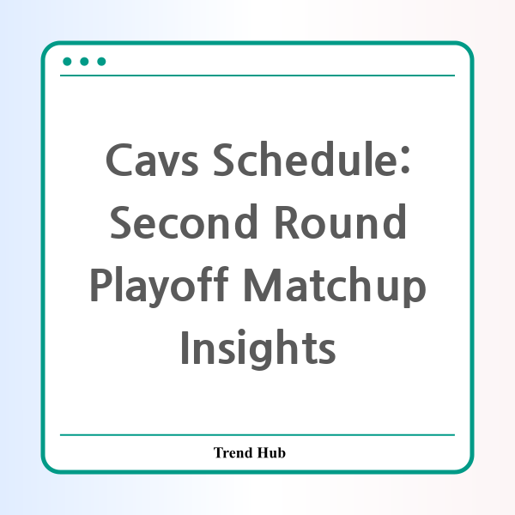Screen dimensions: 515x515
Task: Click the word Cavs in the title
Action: coord(152,160)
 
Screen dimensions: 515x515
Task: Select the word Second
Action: coord(184,221)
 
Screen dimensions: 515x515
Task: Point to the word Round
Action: coord(341,221)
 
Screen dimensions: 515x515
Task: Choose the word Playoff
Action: coord(160,287)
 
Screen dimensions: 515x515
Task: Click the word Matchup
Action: coord(335,287)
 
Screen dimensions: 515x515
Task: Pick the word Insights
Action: coord(258,349)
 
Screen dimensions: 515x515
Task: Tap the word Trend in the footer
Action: coord(233,452)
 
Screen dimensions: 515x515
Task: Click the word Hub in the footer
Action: coord(271,452)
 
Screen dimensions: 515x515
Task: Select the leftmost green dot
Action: coord(67,62)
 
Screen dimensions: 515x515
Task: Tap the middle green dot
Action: coord(84,62)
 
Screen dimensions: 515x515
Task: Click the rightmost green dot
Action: coord(101,62)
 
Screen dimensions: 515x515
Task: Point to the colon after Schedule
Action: coord(405,160)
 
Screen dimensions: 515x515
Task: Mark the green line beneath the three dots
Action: coord(257,76)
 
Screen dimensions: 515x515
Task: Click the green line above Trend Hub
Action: coord(257,435)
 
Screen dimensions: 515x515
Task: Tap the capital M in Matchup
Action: coord(262,285)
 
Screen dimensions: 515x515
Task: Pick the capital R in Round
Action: coord(288,222)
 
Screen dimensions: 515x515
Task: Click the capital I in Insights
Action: coord(185,348)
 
